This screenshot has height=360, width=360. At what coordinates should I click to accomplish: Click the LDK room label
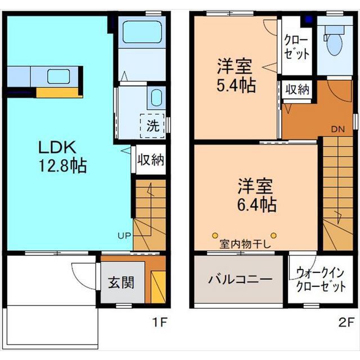point(57,147)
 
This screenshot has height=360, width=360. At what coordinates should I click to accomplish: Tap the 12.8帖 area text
point(62,165)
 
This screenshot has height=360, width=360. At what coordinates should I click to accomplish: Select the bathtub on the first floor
point(142,32)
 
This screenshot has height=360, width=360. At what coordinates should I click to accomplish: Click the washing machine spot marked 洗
point(152,126)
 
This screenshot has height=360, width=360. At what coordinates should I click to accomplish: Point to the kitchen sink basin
point(58,76)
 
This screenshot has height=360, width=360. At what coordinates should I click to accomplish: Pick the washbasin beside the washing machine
point(156,98)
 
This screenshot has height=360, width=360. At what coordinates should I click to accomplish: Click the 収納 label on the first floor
point(151,159)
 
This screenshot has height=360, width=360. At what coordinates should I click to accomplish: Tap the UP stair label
point(124,235)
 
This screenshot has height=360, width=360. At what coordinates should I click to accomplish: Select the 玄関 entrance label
point(121,282)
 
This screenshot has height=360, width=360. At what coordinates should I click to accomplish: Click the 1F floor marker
point(160,322)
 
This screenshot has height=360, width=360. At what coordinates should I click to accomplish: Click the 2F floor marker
point(346,322)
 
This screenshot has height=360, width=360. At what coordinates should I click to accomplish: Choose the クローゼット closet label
point(296,47)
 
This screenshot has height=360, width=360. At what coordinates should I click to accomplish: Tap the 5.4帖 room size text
point(236,85)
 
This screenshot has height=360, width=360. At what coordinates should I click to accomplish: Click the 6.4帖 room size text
point(256,205)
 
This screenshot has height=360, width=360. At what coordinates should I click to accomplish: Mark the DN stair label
point(338,129)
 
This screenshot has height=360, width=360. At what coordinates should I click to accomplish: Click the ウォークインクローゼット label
point(321,280)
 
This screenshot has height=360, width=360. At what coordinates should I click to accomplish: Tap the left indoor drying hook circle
point(215,235)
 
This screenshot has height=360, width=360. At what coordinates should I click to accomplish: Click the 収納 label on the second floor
point(298,89)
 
